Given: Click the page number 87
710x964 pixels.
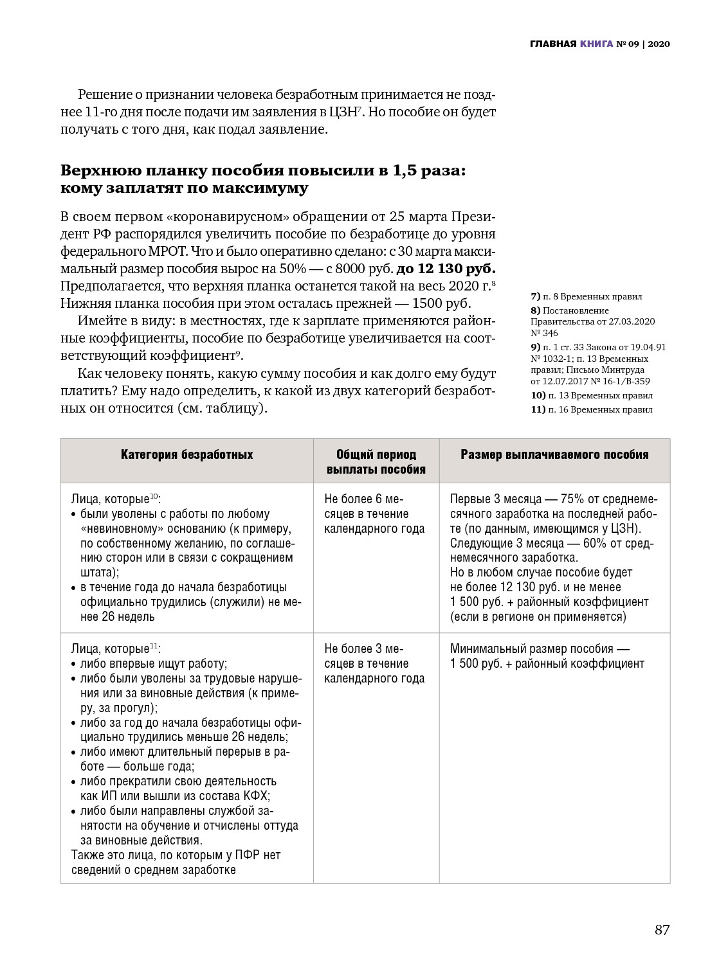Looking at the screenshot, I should tap(662, 930).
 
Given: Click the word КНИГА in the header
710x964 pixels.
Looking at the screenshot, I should tap(596, 44).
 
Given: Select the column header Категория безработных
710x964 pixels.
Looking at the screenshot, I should tap(187, 455).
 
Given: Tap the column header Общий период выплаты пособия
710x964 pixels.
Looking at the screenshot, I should tap(376, 462).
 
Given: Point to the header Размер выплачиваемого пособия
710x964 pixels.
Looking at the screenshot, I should tap(554, 455).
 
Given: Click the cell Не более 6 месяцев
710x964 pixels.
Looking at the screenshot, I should tap(374, 514).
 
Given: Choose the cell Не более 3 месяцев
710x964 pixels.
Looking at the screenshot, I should tap(374, 664).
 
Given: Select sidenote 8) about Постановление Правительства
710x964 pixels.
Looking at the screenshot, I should tap(592, 321).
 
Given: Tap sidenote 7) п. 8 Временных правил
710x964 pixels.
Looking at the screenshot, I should tap(586, 296).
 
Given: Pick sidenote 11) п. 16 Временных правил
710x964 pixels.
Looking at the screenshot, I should tap(591, 409).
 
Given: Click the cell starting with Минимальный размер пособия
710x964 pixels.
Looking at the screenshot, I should tap(547, 656).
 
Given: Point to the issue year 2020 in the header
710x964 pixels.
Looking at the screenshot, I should tap(659, 44).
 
